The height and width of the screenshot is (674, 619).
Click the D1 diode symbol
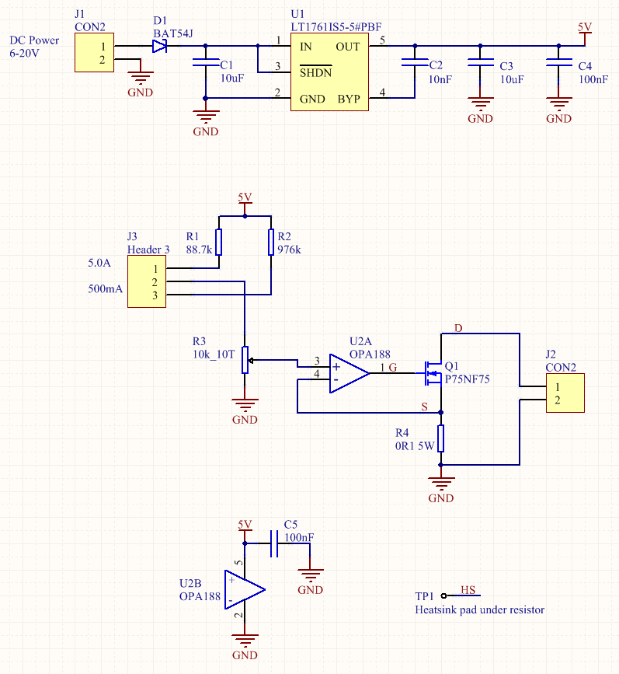pyautogui.click(x=159, y=46)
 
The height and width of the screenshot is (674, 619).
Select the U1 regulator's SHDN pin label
pyautogui.click(x=316, y=72)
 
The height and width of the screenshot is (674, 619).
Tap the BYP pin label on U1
pyautogui.click(x=349, y=99)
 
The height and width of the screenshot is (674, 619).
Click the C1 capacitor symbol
pyautogui.click(x=206, y=62)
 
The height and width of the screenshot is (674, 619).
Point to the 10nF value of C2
pyautogui.click(x=440, y=79)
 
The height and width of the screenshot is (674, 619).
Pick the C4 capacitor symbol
pyautogui.click(x=558, y=63)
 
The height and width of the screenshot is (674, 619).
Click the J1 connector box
pyautogui.click(x=94, y=52)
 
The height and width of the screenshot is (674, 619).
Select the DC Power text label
pyautogui.click(x=34, y=40)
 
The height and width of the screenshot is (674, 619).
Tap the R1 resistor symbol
pyautogui.click(x=219, y=242)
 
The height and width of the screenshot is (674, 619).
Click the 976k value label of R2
pyautogui.click(x=289, y=250)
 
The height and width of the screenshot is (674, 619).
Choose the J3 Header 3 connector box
pyautogui.click(x=147, y=281)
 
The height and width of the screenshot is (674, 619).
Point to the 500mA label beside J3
pyautogui.click(x=106, y=288)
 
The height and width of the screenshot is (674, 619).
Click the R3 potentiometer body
pyautogui.click(x=245, y=360)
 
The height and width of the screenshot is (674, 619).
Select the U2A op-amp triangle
pyautogui.click(x=349, y=373)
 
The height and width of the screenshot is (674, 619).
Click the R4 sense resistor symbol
pyautogui.click(x=440, y=438)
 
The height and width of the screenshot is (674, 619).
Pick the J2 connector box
pyautogui.click(x=565, y=393)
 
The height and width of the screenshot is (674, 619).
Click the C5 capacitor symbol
pyautogui.click(x=274, y=543)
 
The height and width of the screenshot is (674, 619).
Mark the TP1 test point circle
pyautogui.click(x=443, y=595)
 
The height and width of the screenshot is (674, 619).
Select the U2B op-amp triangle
pyautogui.click(x=245, y=590)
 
